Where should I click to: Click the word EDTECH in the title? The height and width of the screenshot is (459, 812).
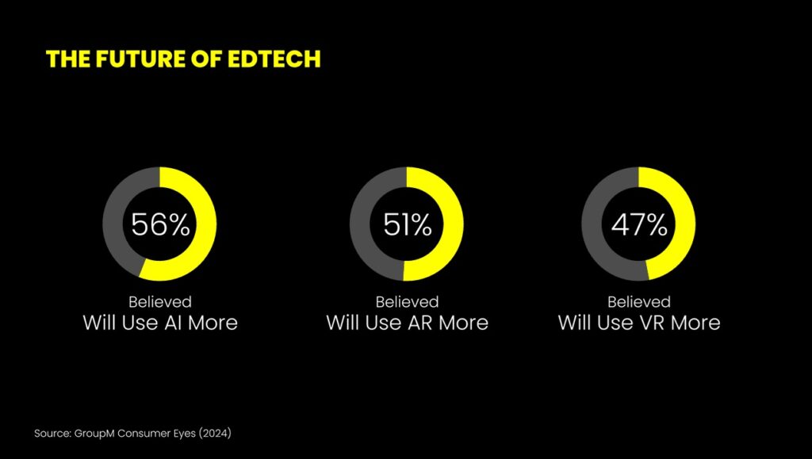coord(274,59)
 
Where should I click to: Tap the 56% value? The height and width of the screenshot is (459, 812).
coord(160,224)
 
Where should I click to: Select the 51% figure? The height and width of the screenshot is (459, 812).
coord(408,224)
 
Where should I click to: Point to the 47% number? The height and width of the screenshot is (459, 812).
coord(639,224)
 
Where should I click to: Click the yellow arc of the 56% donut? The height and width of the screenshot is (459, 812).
coord(206,224)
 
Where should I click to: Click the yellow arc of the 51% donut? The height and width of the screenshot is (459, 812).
coord(453,224)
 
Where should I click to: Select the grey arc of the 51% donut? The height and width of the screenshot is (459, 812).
coord(360,224)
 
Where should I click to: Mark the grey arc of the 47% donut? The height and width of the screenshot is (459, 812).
coord(592,225)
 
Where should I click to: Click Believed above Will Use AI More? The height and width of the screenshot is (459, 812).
coord(160,302)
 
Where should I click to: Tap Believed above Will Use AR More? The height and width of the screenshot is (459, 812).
coord(407,302)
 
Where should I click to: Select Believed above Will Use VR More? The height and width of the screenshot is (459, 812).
coord(639,302)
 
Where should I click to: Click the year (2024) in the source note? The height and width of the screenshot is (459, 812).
coord(215,433)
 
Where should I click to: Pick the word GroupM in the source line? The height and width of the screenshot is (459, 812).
coord(94,434)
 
